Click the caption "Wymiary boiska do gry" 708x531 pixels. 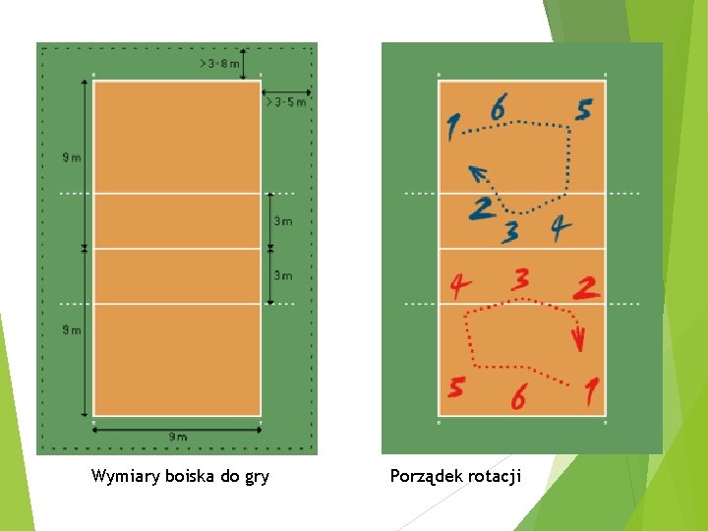click(x=180, y=477)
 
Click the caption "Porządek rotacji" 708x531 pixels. click(x=455, y=477)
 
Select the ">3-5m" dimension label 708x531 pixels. click(x=285, y=101)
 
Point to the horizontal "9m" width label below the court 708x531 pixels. click(x=177, y=437)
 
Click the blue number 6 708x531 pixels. click(x=499, y=106)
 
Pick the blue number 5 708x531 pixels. click(x=583, y=110)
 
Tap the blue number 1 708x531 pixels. click(x=452, y=127)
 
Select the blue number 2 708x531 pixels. click(x=481, y=208)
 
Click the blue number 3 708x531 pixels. click(x=509, y=232)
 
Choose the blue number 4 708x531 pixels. click(x=560, y=228)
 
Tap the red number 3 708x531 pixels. click(x=522, y=279)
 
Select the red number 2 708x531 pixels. click(x=587, y=288)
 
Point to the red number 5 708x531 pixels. click(x=455, y=387)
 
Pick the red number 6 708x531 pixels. click(x=518, y=397)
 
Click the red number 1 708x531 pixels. click(x=591, y=393)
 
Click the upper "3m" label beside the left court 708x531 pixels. click(x=282, y=221)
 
